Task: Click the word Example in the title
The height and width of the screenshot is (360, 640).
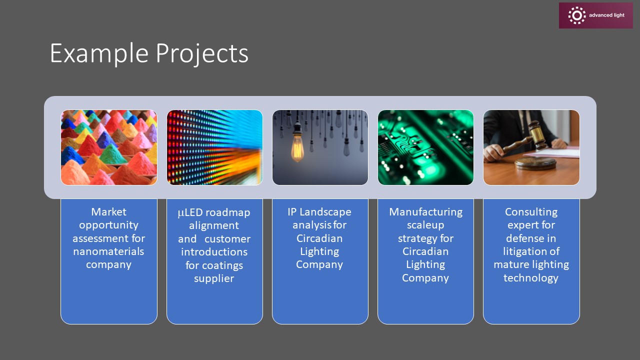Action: pyautogui.click(x=99, y=53)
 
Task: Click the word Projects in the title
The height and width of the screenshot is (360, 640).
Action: pyautogui.click(x=202, y=53)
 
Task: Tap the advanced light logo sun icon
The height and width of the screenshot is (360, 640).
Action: pyautogui.click(x=577, y=15)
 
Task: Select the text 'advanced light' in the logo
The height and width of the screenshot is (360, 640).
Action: pyautogui.click(x=606, y=15)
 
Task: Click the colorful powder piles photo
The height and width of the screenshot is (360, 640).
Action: pyautogui.click(x=109, y=147)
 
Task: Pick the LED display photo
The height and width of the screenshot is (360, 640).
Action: pyautogui.click(x=214, y=147)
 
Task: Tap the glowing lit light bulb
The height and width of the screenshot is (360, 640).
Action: pyautogui.click(x=297, y=146)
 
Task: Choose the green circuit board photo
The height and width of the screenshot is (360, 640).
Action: pyautogui.click(x=425, y=147)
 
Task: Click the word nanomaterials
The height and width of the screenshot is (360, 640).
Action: pyautogui.click(x=108, y=251)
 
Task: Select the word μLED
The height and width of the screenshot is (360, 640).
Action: pyautogui.click(x=190, y=212)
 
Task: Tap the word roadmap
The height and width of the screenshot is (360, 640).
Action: pyautogui.click(x=227, y=213)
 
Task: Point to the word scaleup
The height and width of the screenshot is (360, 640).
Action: pyautogui.click(x=425, y=225)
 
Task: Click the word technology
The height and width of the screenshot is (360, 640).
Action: pyautogui.click(x=531, y=278)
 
